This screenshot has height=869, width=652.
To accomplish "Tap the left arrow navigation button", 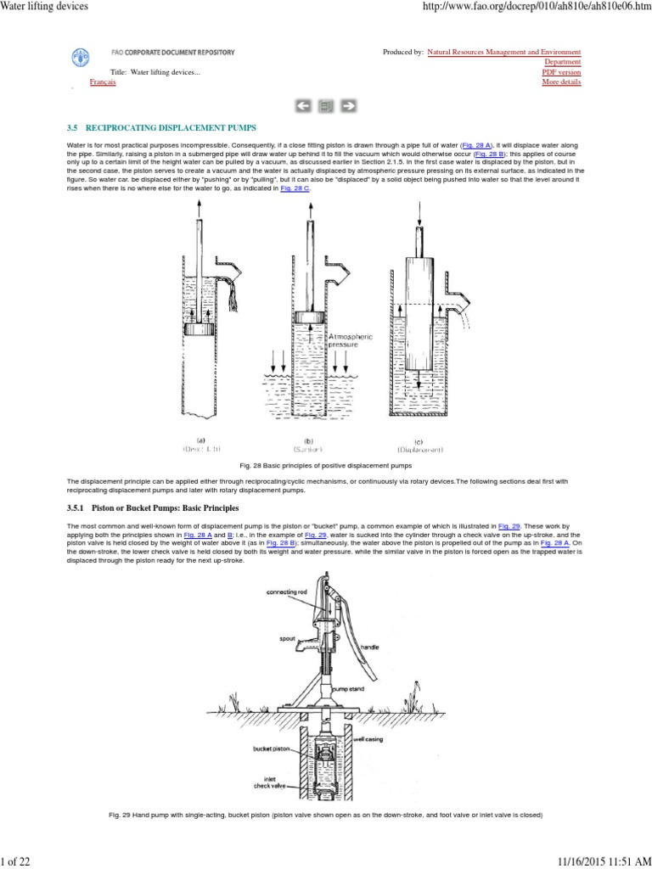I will click(303, 106).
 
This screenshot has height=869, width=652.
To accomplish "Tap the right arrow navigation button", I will click(348, 106).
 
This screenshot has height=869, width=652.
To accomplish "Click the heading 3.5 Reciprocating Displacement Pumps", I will click(157, 127).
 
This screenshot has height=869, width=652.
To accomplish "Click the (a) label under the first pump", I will click(201, 440).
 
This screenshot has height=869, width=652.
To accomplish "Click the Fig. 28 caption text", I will click(325, 466).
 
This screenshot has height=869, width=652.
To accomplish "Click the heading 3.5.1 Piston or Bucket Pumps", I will click(153, 507).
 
